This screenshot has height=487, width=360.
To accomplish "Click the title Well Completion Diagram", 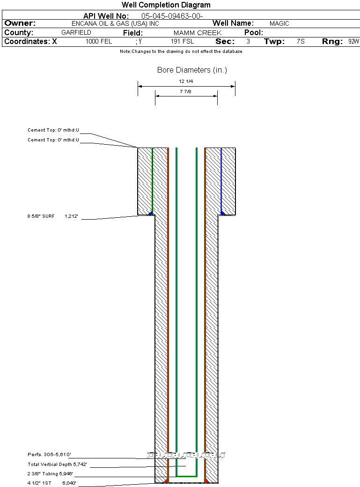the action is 166,5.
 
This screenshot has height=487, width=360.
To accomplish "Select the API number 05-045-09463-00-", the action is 172,16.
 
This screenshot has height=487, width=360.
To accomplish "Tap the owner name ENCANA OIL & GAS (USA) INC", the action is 115,23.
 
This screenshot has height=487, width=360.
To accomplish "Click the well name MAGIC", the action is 279,23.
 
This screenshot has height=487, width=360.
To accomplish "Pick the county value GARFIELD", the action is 76,32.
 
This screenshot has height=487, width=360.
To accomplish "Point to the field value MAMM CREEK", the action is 198,33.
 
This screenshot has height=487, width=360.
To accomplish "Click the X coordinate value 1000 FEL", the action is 99,41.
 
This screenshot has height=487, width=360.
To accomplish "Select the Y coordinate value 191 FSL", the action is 182,41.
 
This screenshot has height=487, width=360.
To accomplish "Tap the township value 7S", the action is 301,41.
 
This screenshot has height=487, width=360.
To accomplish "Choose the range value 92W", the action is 353,41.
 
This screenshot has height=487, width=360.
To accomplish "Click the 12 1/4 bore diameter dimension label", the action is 186,81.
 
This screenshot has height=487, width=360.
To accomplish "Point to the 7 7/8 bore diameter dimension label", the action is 186,92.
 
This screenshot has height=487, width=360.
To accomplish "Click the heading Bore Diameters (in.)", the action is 192,70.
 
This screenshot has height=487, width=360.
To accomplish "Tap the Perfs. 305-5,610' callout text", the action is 49,454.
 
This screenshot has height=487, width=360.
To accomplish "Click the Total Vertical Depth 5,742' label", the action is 57,465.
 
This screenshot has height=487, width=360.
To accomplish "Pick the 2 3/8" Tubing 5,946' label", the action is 50,473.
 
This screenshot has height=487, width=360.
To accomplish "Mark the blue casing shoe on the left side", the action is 151,213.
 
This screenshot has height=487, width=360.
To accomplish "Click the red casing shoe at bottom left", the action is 167,480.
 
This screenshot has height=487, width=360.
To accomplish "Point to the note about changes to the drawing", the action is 181,52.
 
